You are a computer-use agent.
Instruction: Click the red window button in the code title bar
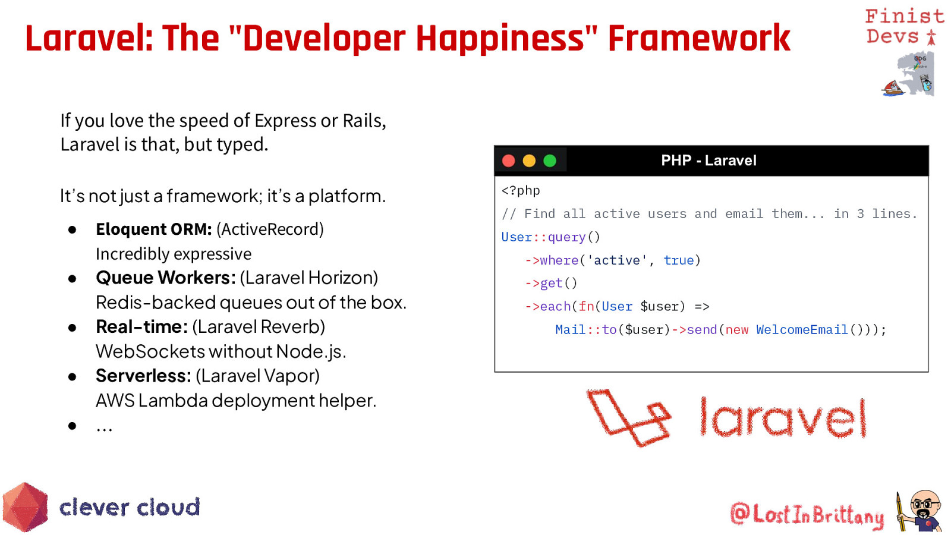pyautogui.click(x=509, y=161)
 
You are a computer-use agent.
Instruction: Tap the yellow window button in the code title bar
pyautogui.click(x=529, y=161)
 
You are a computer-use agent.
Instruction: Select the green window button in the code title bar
pyautogui.click(x=550, y=161)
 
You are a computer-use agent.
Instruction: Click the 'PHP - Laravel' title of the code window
pyautogui.click(x=708, y=160)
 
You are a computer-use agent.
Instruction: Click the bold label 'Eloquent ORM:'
pyautogui.click(x=154, y=229)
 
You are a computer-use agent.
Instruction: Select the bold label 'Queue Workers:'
pyautogui.click(x=166, y=278)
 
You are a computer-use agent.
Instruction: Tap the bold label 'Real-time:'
pyautogui.click(x=142, y=326)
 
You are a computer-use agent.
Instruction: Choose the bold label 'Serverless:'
pyautogui.click(x=143, y=376)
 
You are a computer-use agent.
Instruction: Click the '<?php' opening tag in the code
pyautogui.click(x=521, y=191)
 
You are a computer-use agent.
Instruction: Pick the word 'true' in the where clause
pyautogui.click(x=678, y=260)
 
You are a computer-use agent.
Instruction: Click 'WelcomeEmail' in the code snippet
pyautogui.click(x=802, y=329)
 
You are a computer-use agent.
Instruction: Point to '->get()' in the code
pyautogui.click(x=551, y=283)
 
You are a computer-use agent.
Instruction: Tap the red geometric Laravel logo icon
pyautogui.click(x=629, y=418)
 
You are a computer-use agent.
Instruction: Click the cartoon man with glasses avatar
pyautogui.click(x=921, y=511)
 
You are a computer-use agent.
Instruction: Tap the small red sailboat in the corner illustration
pyautogui.click(x=893, y=89)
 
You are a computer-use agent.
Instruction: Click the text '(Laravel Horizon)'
pyautogui.click(x=309, y=278)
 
